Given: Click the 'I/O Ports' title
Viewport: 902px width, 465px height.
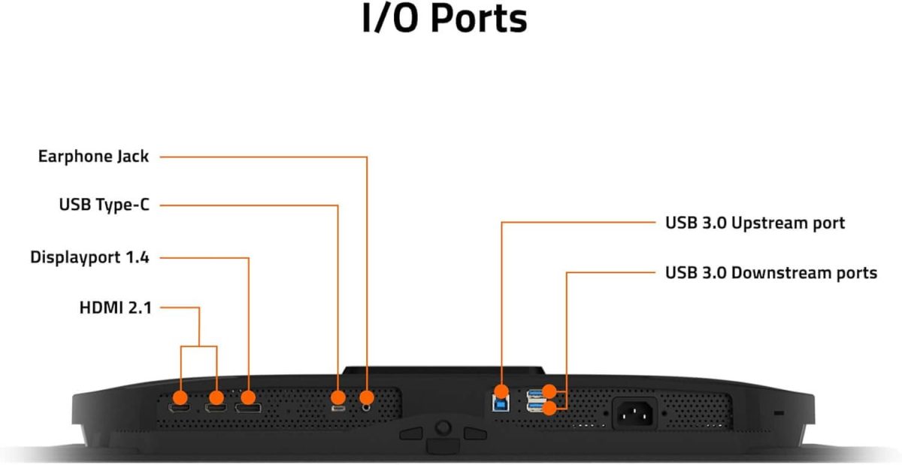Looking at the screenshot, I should [444, 20].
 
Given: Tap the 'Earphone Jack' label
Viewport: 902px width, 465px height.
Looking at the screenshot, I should [93, 157].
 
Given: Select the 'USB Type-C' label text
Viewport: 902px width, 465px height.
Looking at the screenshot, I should [104, 205].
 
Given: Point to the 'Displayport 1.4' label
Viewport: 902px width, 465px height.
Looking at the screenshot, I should [89, 257].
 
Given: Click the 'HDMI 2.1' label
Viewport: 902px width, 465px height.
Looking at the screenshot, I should [115, 307].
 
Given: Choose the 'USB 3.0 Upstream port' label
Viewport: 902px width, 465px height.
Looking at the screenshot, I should [755, 223].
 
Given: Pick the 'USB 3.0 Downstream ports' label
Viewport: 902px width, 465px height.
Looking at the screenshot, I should [770, 272].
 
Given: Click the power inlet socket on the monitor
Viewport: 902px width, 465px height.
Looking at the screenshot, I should [637, 413].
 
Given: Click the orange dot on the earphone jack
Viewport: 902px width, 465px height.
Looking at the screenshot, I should [367, 397].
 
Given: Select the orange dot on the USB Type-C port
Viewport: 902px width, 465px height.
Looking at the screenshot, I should [338, 397].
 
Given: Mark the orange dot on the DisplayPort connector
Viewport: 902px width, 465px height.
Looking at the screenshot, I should [248, 397].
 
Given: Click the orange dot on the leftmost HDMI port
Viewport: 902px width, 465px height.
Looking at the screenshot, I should [181, 397].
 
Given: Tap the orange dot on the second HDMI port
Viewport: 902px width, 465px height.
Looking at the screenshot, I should [216, 397].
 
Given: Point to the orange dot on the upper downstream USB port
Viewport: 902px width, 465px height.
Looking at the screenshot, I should [550, 391].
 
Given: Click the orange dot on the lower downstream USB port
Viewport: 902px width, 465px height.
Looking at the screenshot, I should [550, 408].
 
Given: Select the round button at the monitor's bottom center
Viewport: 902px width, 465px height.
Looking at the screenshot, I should [443, 427].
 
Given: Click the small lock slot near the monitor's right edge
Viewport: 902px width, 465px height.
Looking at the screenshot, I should [777, 413].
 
